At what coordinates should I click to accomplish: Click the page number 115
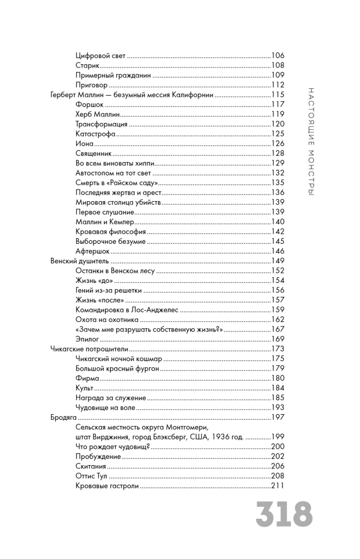278,94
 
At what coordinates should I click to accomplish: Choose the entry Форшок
89,105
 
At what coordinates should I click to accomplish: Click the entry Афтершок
92,251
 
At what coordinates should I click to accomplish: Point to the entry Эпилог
87,339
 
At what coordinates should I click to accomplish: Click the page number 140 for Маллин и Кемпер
278,222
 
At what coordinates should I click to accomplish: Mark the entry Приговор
91,85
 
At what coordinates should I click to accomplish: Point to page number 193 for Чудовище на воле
278,408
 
